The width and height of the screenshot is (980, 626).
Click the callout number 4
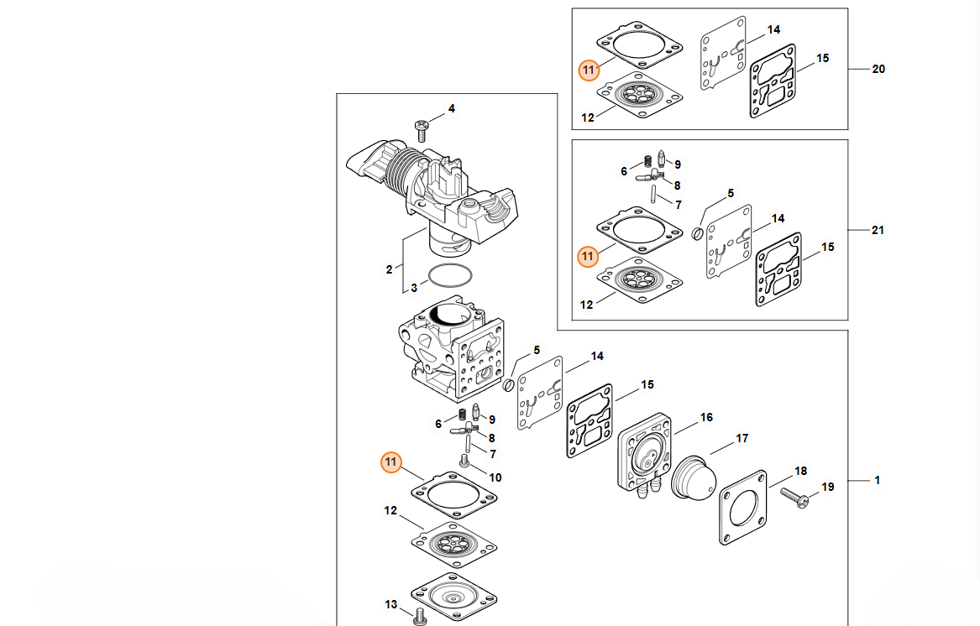click(x=451, y=109)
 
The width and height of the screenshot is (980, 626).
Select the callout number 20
click(x=878, y=70)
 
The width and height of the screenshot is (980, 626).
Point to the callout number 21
click(x=878, y=230)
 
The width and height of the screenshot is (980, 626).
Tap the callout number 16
click(x=706, y=417)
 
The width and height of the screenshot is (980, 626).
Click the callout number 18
click(x=800, y=472)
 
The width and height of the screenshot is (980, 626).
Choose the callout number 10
click(x=495, y=477)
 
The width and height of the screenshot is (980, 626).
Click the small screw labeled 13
click(x=421, y=617)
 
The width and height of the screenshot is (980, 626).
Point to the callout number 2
click(x=389, y=269)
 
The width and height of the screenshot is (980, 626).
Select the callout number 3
click(x=414, y=289)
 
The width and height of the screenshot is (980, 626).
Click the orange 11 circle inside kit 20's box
click(x=589, y=70)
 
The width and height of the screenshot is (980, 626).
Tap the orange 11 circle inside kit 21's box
click(x=589, y=256)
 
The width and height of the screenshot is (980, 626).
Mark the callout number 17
click(x=742, y=438)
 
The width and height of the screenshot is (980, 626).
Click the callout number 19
click(x=828, y=487)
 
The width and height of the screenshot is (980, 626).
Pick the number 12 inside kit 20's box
click(x=588, y=117)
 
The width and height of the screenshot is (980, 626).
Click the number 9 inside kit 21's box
click(x=677, y=164)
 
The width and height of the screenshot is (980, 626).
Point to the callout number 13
click(x=391, y=604)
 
